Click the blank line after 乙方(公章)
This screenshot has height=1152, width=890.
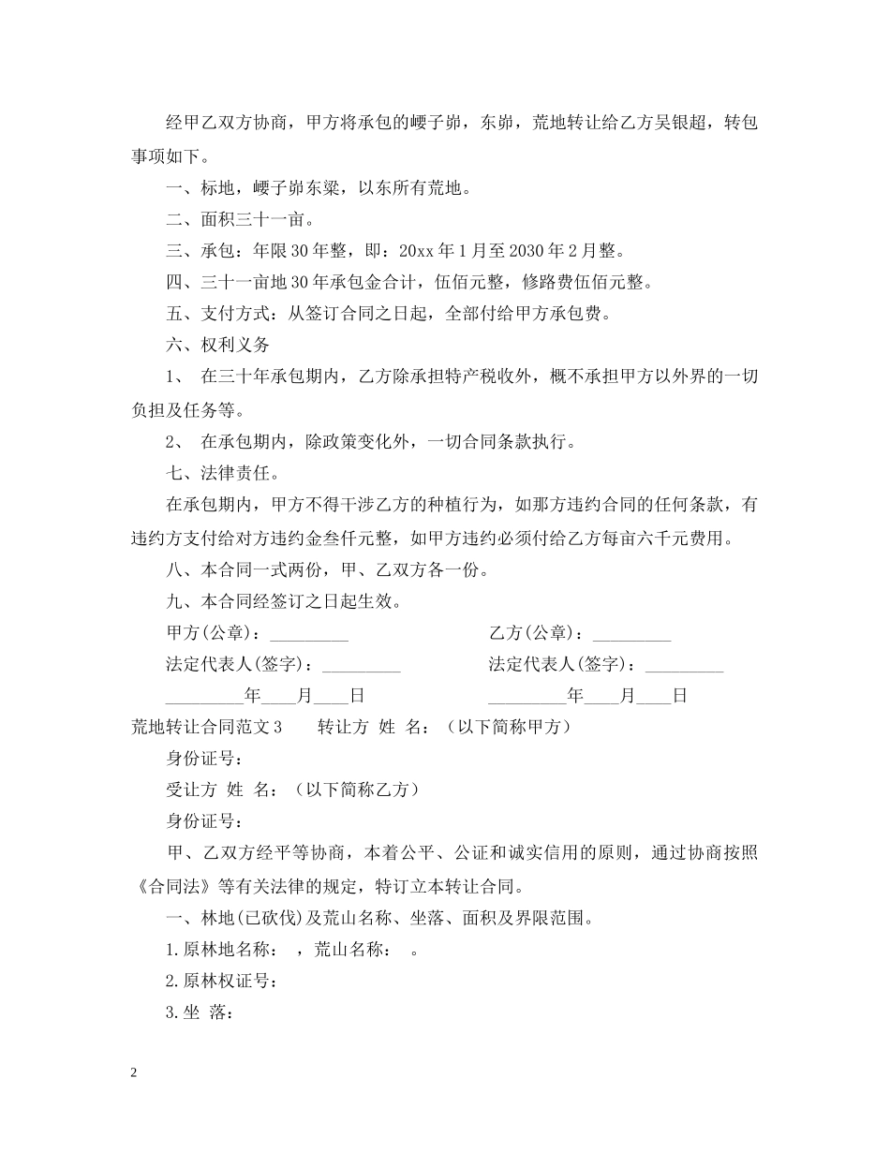[x=631, y=634]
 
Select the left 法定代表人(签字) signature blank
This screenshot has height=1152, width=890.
[x=361, y=666]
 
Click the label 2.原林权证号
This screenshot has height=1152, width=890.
[x=219, y=981]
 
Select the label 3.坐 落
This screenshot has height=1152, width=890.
[x=199, y=1012]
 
